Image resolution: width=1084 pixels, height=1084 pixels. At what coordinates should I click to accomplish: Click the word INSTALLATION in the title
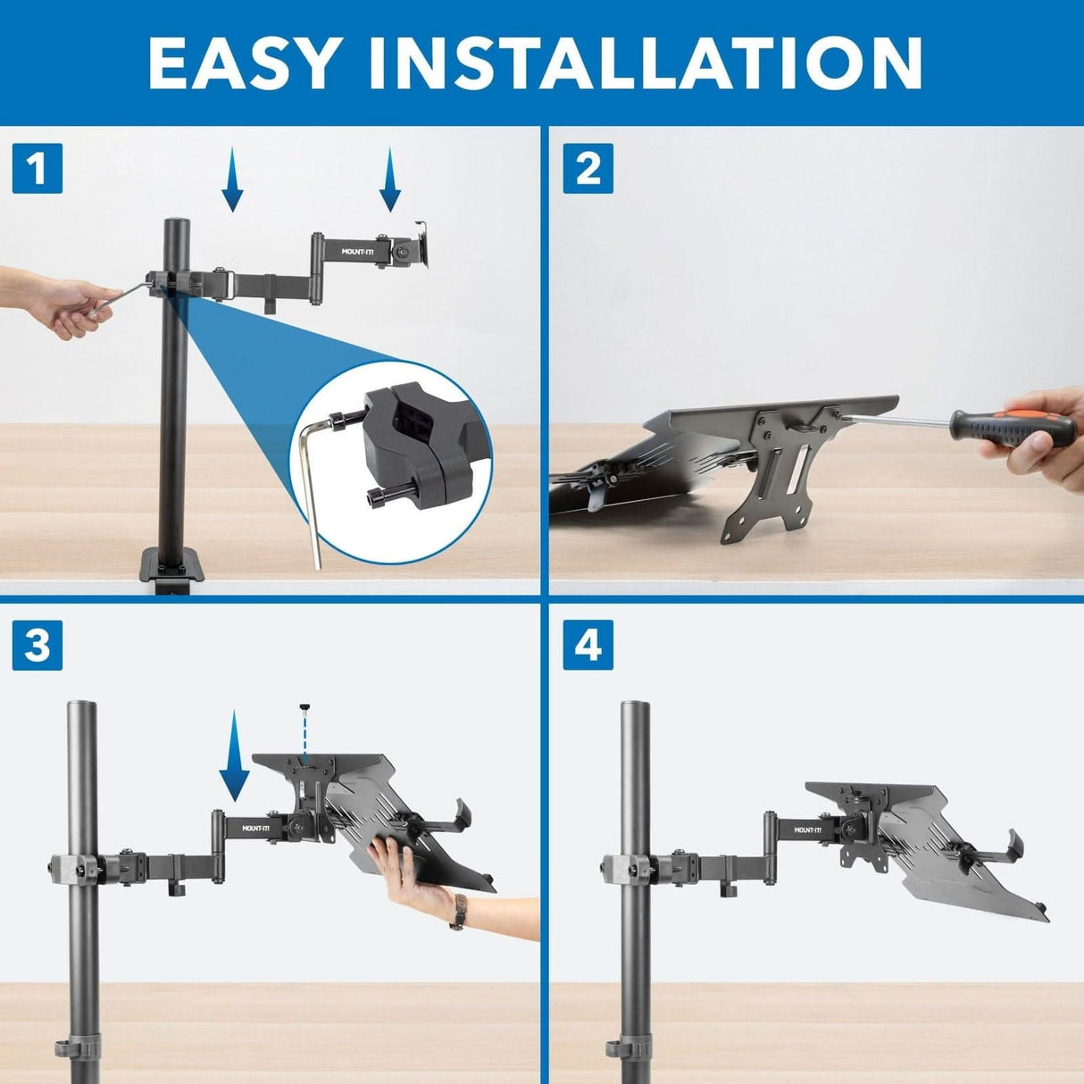click(645, 63)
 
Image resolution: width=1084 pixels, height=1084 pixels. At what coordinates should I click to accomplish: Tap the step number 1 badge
click(38, 168)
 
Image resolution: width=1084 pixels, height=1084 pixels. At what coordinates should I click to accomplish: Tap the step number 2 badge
click(588, 168)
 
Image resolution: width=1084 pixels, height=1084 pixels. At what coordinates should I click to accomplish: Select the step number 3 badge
click(38, 645)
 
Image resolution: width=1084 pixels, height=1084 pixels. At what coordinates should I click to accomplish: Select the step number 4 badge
click(588, 645)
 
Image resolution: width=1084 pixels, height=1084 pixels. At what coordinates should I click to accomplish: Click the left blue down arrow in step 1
click(232, 179)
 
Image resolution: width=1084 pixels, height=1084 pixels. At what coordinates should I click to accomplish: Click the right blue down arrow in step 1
click(390, 179)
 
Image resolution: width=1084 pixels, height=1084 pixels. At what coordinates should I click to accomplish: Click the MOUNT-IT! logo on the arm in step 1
click(360, 252)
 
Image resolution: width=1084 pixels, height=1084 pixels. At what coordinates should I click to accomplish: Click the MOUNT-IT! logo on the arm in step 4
click(808, 830)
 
